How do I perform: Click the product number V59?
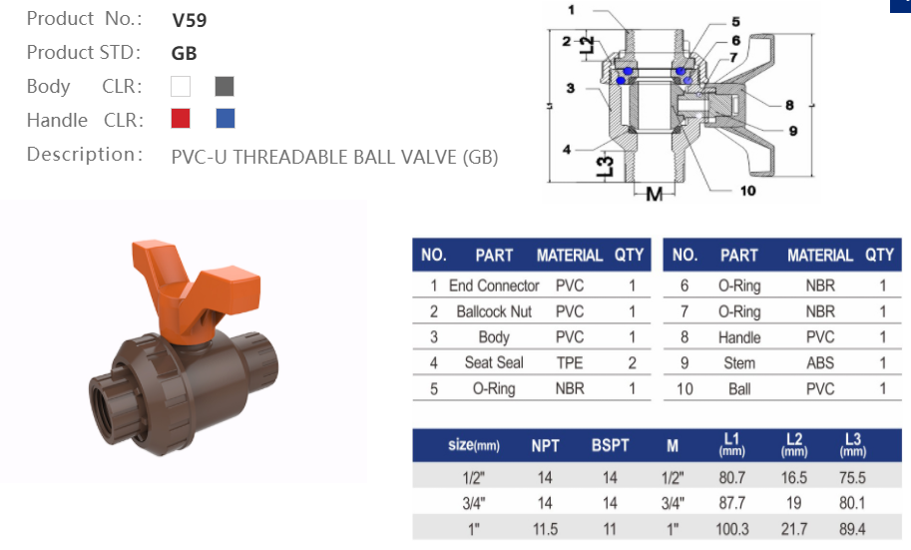coord(190,19)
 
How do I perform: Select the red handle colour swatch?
coord(181,119)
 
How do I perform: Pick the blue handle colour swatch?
coord(226,119)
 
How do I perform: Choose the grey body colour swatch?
coord(225,86)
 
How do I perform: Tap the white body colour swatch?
coord(181,86)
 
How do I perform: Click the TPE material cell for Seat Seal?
coord(569,363)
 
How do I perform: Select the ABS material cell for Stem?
coord(820,363)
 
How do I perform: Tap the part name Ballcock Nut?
coord(494,311)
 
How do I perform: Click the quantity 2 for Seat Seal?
coord(632,363)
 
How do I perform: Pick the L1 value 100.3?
coord(731,528)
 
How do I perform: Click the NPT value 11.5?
coord(545,528)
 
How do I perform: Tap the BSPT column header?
coord(610,445)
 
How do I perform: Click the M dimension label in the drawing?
coord(654,193)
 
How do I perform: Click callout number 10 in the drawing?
coord(747,191)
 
